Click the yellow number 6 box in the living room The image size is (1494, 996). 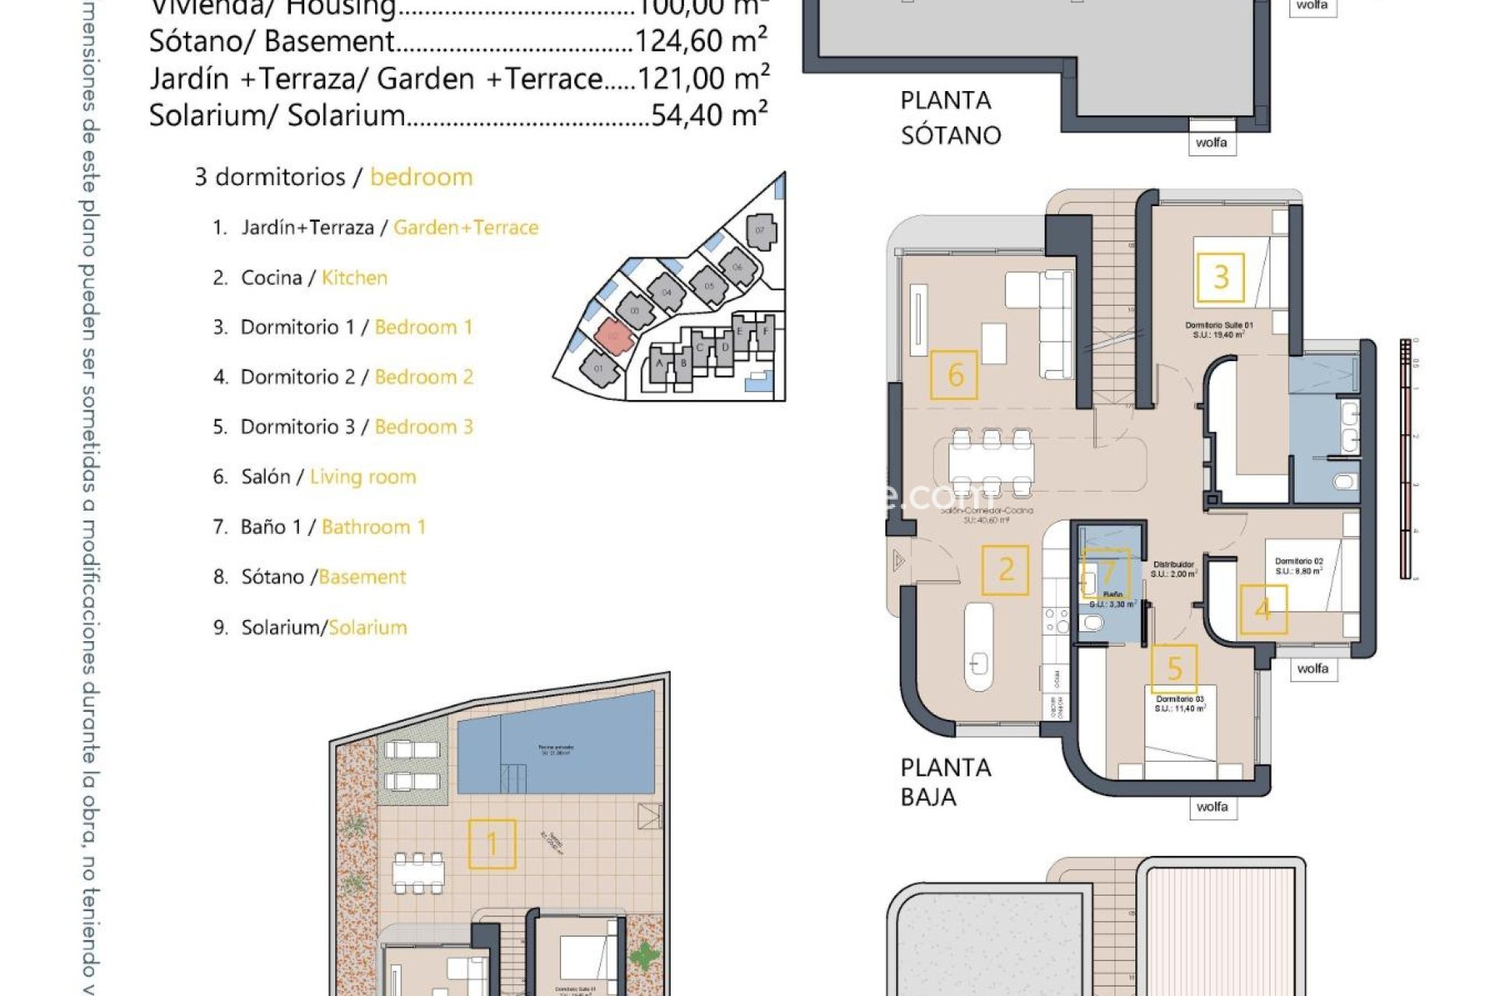click(954, 375)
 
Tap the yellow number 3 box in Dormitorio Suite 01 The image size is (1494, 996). click(1220, 277)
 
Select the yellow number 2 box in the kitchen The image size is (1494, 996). click(1005, 570)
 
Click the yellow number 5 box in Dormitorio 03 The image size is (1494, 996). click(1174, 668)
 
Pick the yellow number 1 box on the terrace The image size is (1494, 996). click(492, 843)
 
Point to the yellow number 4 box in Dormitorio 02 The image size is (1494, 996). click(1263, 609)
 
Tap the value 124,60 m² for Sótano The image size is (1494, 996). click(701, 41)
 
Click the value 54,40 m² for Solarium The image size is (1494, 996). click(709, 115)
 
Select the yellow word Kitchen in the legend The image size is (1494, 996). click(354, 278)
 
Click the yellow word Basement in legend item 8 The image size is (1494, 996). click(362, 577)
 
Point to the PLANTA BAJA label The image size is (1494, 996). click(945, 782)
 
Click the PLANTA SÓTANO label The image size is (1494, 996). click(949, 117)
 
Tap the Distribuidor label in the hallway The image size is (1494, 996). click(1173, 565)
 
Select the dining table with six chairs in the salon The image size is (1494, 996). click(991, 462)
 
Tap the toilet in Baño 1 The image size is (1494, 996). click(1092, 623)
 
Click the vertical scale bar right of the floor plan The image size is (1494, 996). click(1405, 459)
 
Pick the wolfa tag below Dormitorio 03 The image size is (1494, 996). click(1212, 807)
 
